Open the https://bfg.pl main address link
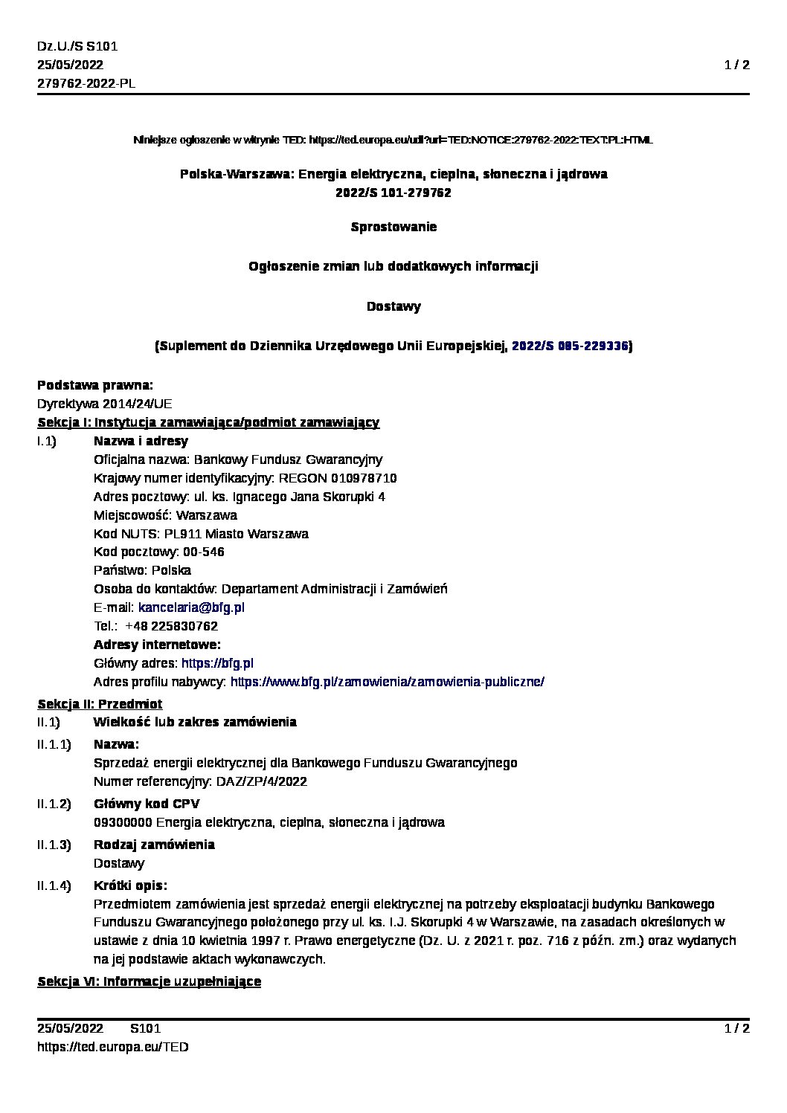pyautogui.click(x=218, y=663)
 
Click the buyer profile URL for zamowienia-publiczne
pyautogui.click(x=387, y=682)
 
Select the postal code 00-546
pyautogui.click(x=204, y=552)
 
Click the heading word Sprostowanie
pyautogui.click(x=393, y=227)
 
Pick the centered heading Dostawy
pyautogui.click(x=393, y=306)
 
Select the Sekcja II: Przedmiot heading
pyautogui.click(x=100, y=703)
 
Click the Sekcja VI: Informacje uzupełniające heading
pyautogui.click(x=149, y=981)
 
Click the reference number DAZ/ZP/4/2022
pyautogui.click(x=261, y=781)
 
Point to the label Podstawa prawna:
pyautogui.click(x=95, y=385)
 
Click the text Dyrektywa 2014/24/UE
pyautogui.click(x=104, y=404)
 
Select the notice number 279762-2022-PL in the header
pyautogui.click(x=86, y=83)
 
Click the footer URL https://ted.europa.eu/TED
pyautogui.click(x=113, y=1047)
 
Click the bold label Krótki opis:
pyautogui.click(x=130, y=885)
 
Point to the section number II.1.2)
pyautogui.click(x=54, y=804)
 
